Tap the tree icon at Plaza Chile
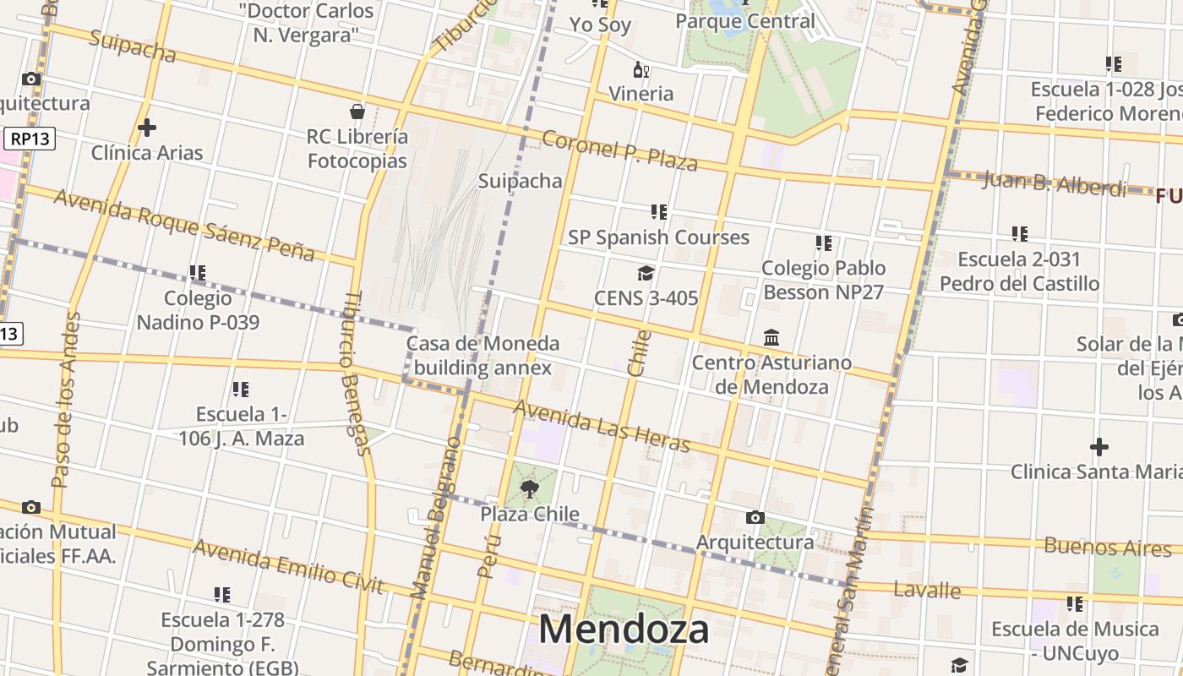(530, 488)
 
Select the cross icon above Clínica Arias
(147, 128)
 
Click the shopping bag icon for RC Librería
(357, 112)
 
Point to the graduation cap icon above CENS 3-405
(646, 273)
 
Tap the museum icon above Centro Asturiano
(771, 338)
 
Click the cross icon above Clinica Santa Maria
(1099, 446)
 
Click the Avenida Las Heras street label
(602, 427)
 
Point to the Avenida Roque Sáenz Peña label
(184, 225)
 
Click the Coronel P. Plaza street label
(619, 150)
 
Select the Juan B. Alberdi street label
(1054, 183)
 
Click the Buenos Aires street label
(1108, 547)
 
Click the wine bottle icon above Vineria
(641, 70)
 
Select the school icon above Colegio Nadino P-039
(198, 273)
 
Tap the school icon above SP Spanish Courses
(659, 212)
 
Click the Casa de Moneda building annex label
(482, 356)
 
